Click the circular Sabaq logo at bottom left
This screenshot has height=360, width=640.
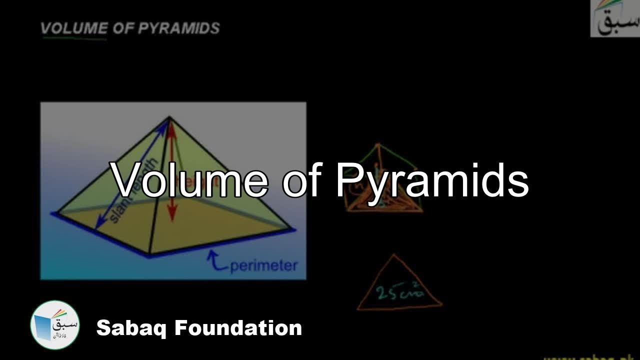pyautogui.click(x=55, y=325)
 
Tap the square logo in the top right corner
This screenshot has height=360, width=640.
pyautogui.click(x=615, y=18)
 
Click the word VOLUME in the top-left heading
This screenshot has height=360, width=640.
pyautogui.click(x=74, y=28)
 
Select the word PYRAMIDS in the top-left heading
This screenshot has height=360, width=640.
pyautogui.click(x=179, y=28)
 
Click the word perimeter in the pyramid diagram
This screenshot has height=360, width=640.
pyautogui.click(x=263, y=265)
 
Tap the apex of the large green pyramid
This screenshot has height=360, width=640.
pyautogui.click(x=169, y=117)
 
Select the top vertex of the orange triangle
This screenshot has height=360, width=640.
pyautogui.click(x=393, y=255)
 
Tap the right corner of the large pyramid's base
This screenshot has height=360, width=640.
pyautogui.click(x=294, y=230)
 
